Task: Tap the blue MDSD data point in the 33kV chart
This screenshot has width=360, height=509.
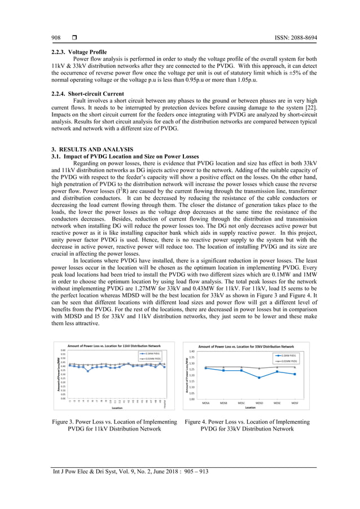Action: tap(260, 378)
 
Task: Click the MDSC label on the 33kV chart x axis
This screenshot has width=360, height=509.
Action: tap(242, 403)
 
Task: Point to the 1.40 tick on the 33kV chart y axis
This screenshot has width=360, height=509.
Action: tap(192, 351)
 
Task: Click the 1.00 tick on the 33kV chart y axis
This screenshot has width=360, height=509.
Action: tap(192, 399)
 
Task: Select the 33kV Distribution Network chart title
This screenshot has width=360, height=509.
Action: tap(246, 346)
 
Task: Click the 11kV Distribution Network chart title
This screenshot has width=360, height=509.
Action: tap(115, 345)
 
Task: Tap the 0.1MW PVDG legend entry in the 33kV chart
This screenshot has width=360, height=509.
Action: tap(287, 356)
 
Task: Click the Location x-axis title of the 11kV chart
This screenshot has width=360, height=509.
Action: tap(117, 407)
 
